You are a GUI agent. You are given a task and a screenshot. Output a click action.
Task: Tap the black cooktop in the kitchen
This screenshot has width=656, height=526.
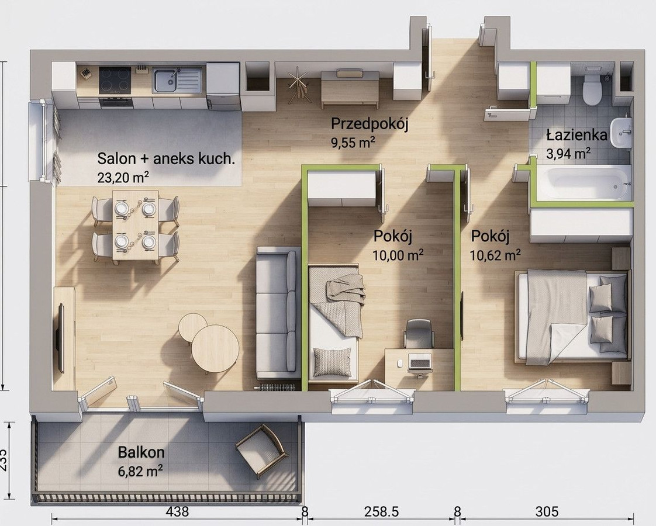coord(115,80)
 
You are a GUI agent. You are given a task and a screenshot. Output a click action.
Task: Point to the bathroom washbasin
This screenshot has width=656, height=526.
coord(620,132)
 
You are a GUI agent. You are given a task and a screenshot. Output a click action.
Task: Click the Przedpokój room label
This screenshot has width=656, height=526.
coord(370,124)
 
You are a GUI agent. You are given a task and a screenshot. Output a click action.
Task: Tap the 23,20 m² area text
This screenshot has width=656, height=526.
coord(123,177)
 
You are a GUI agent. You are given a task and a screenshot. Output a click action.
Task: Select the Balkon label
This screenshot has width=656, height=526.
coord(141,452)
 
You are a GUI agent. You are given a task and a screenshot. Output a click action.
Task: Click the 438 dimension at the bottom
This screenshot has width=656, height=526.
coord(177,511)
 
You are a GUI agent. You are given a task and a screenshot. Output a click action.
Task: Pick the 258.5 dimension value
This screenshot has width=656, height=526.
coord(381,511)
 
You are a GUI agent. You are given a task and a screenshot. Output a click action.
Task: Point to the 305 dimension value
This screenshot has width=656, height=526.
coord(547,511)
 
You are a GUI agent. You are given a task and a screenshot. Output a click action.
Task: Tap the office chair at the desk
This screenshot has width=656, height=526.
coord(419,333)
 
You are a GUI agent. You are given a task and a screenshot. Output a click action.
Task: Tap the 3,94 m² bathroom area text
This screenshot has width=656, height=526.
coord(568,154)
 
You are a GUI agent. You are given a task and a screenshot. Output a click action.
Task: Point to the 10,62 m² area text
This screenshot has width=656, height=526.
coord(495,255)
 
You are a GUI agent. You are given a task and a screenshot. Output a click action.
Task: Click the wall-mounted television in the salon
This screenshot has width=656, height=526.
coord(61,338)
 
